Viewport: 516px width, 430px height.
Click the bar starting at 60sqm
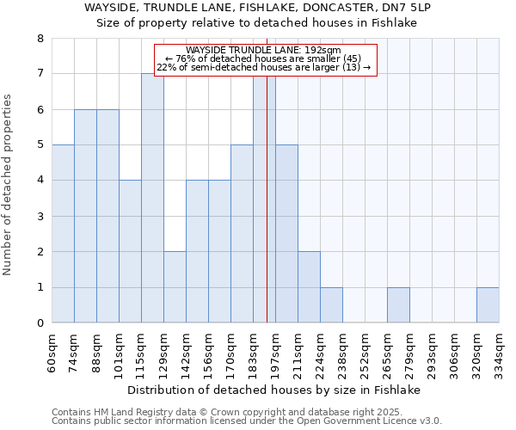(x=63, y=234)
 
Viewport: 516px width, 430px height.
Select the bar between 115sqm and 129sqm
(x=152, y=198)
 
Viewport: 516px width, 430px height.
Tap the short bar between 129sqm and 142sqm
(x=175, y=287)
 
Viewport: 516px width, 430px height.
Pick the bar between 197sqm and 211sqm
(x=286, y=234)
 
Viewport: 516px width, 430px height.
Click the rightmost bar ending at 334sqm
(x=488, y=305)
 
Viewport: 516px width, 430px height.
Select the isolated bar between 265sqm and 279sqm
(x=398, y=305)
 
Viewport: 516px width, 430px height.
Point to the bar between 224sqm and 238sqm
(x=331, y=305)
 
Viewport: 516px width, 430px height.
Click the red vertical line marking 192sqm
(x=267, y=215)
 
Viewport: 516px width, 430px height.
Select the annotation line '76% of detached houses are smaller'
(x=264, y=58)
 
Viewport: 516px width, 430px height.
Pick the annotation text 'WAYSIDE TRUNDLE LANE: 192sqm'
(x=264, y=50)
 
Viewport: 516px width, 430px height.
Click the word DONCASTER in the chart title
(x=301, y=7)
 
